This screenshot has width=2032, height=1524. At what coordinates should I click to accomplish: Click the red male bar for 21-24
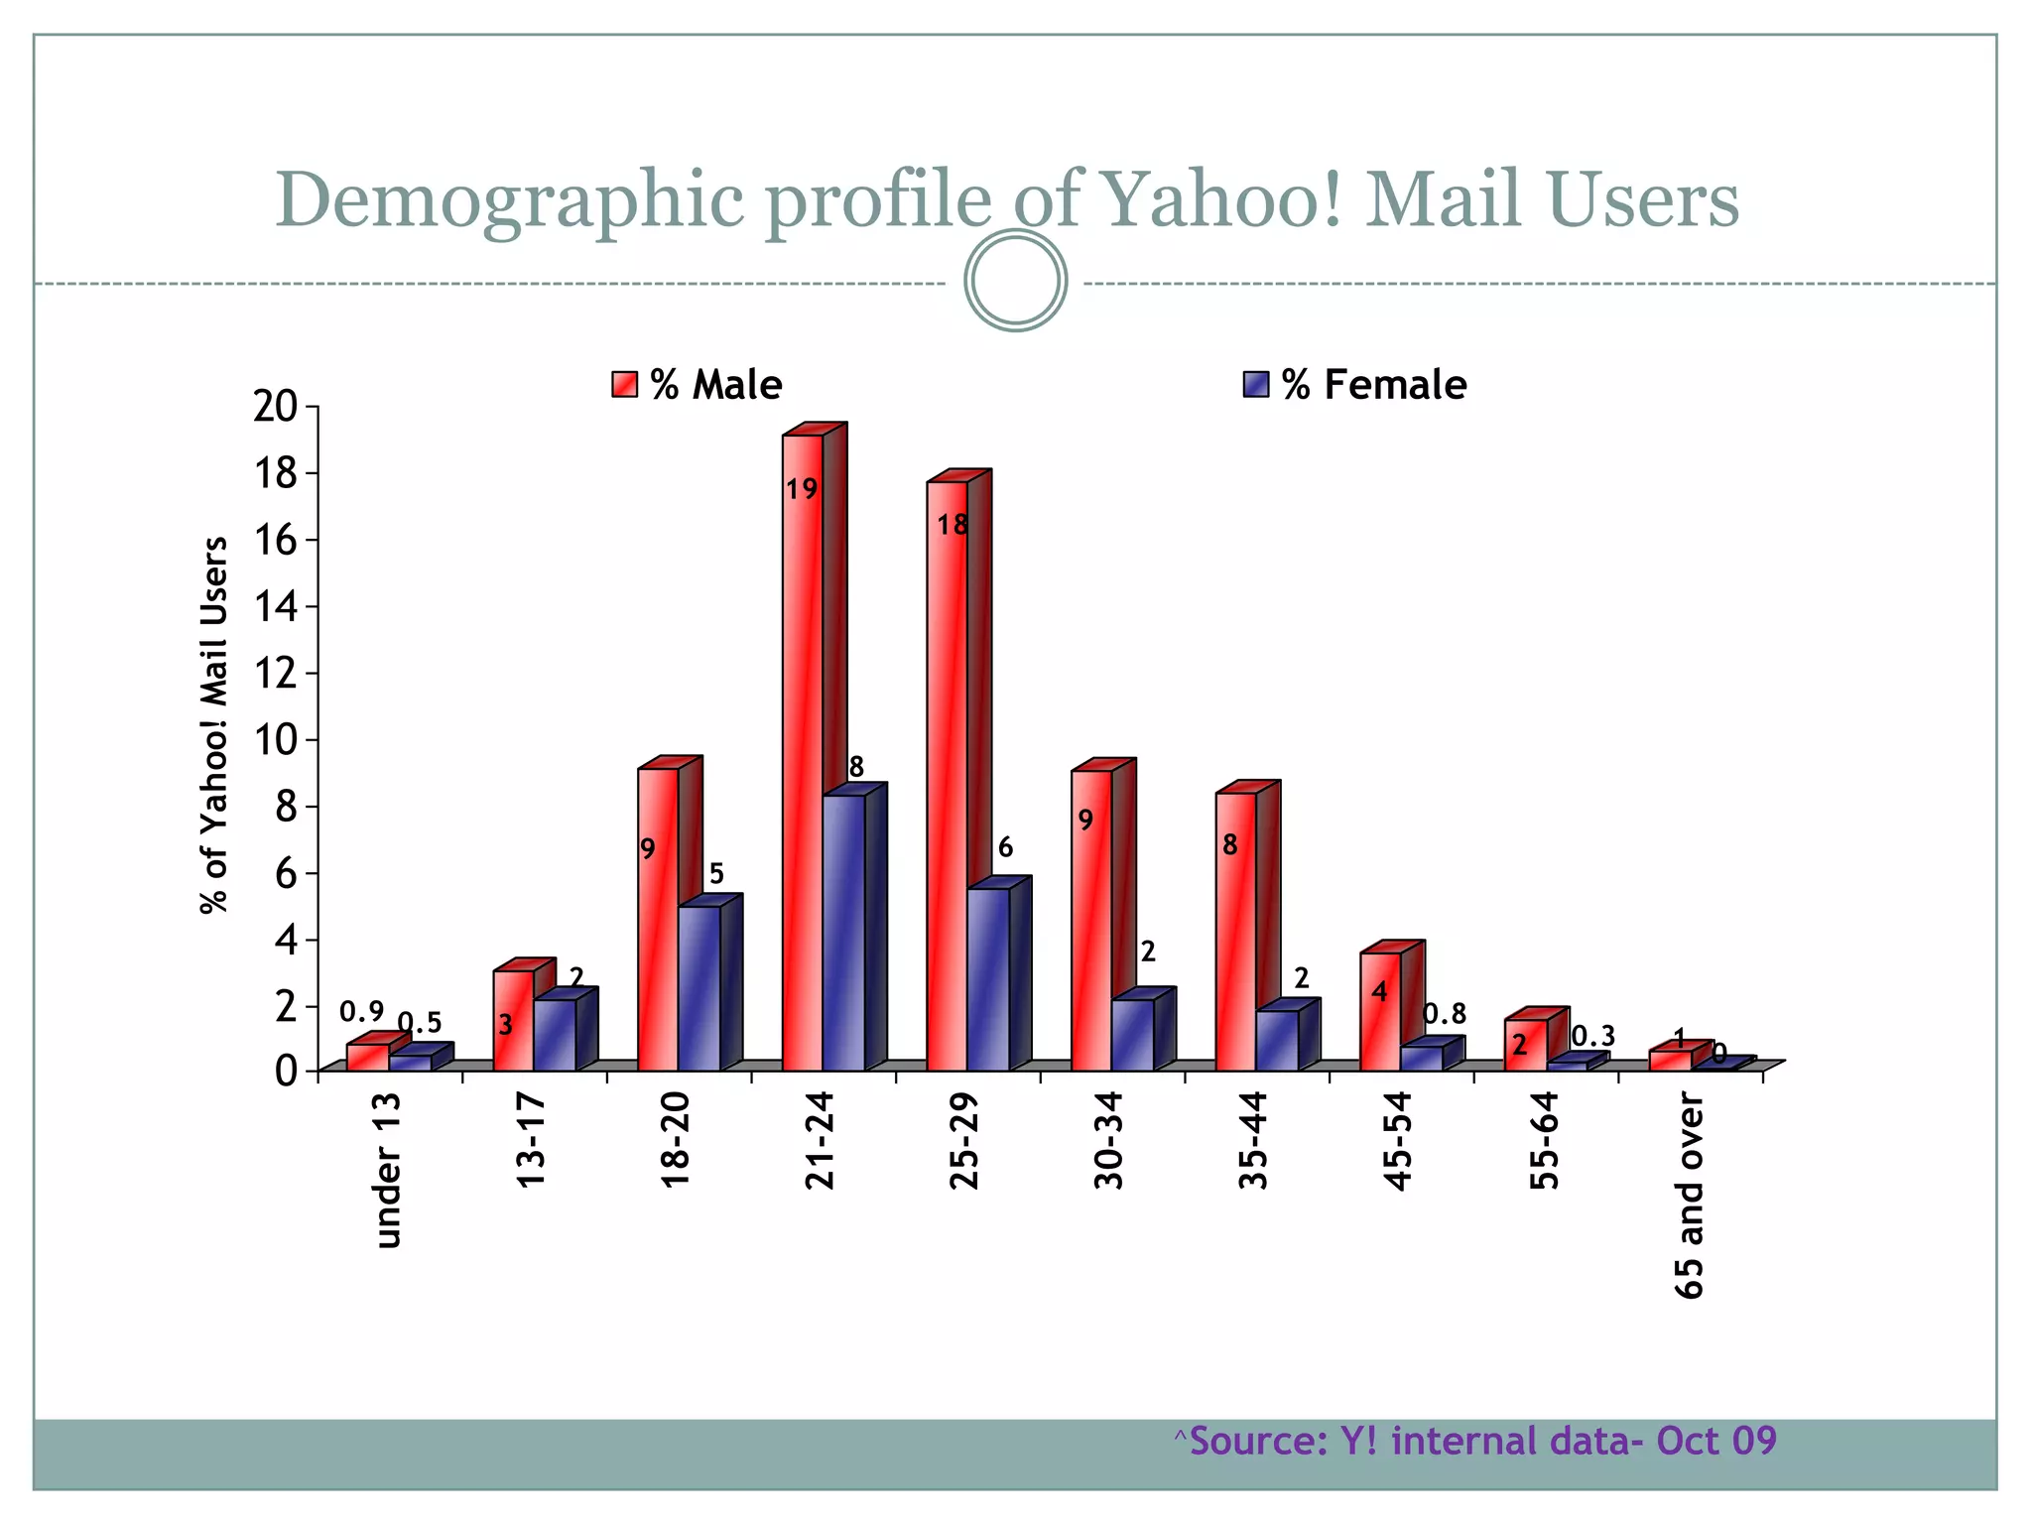803,754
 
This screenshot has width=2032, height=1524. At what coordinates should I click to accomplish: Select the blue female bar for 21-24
844,933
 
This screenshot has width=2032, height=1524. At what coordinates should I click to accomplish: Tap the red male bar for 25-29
948,774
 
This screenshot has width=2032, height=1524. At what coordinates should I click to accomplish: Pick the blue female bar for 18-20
699,987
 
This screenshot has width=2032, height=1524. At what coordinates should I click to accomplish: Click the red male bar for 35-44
1236,933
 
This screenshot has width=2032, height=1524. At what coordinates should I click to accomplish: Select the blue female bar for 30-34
1133,1035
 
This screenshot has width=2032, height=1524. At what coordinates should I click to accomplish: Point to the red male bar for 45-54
1380,1012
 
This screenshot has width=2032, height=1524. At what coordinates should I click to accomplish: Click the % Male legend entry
698,385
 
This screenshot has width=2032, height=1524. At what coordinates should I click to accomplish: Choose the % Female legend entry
1355,385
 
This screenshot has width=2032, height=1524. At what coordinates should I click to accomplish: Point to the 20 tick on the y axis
276,407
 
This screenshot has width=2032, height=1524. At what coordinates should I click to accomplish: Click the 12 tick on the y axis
276,674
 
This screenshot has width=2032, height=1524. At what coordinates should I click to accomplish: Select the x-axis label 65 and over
1689,1197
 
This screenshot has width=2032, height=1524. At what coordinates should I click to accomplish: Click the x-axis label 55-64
1545,1140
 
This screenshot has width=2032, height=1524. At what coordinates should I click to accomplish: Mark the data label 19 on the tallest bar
802,489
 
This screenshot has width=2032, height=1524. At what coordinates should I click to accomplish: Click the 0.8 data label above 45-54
1445,1014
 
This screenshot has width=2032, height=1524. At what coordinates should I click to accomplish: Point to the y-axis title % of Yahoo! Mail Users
213,724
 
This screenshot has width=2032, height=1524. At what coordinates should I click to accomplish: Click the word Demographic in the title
509,199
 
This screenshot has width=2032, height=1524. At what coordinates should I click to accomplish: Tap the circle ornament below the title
1016,281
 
